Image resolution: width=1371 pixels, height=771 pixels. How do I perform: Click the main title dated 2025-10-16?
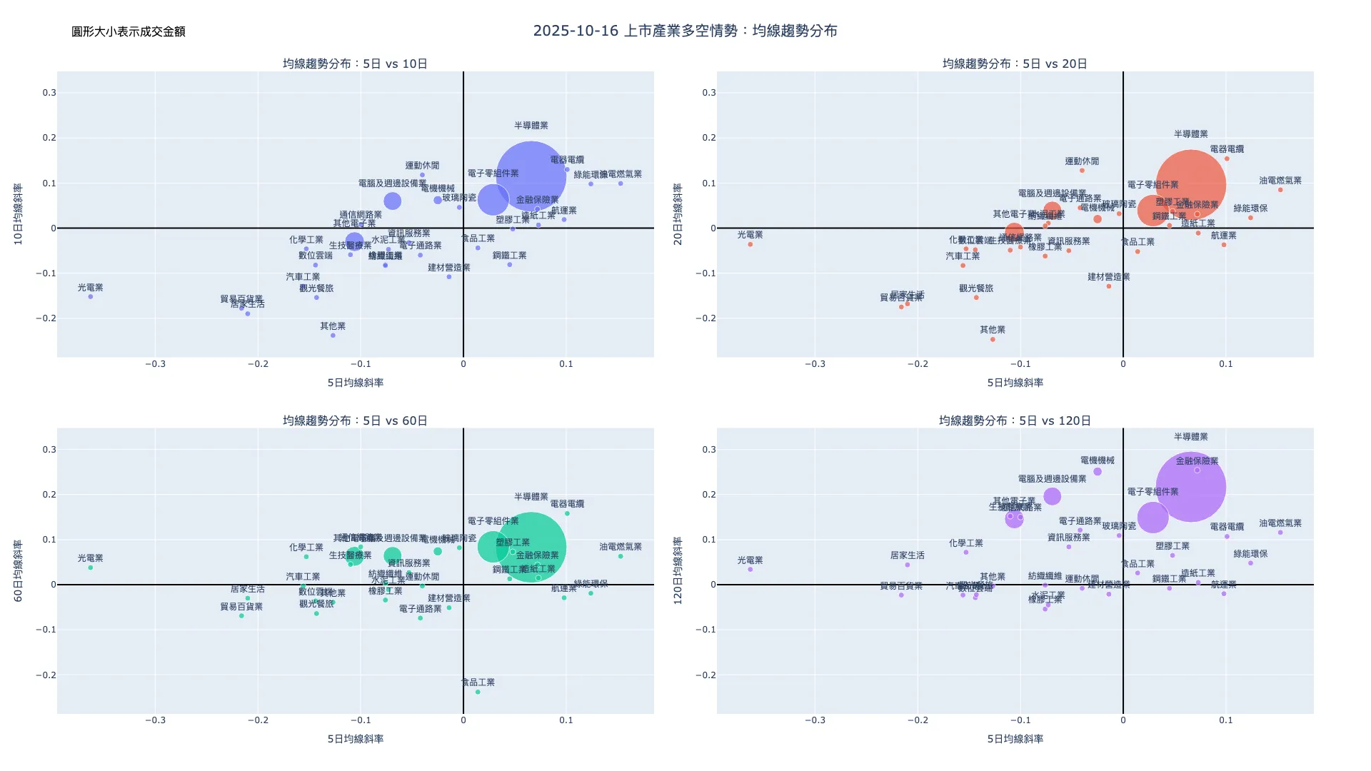coord(685,31)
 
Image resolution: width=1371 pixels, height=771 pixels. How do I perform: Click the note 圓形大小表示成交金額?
coord(129,31)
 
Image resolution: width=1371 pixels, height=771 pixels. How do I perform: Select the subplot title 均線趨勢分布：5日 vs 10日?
coord(355,64)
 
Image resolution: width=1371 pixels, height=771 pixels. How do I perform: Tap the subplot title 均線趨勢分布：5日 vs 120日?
coord(1015,420)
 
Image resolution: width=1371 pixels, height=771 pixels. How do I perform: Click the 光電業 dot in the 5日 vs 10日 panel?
coord(91,296)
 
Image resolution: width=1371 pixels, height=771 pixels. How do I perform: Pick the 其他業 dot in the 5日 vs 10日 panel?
coord(333,336)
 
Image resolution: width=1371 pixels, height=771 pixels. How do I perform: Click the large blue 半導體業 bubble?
coord(531,177)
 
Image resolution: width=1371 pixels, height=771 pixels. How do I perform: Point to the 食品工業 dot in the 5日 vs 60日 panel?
coord(478,692)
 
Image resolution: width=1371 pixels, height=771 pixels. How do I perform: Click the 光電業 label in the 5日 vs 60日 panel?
coord(91,558)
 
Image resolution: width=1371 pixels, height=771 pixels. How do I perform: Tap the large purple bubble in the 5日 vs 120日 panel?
coord(1190,487)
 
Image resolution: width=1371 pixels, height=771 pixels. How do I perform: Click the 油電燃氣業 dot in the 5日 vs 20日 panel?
coord(1280,190)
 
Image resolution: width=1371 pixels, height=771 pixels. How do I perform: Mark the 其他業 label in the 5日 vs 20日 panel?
coord(993,329)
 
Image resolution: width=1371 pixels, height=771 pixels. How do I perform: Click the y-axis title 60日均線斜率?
coord(19,571)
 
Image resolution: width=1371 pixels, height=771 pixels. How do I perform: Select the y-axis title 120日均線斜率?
coord(678,571)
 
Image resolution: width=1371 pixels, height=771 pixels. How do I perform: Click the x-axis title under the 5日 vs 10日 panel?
coord(355,383)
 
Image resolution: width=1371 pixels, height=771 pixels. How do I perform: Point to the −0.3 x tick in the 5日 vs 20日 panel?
coord(815,364)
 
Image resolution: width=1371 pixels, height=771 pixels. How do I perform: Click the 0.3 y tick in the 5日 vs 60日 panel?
coord(49,450)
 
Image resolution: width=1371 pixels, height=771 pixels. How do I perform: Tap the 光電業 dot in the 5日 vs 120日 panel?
coord(750,569)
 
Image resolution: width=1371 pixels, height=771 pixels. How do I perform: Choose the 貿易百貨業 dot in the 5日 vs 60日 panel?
coord(241,615)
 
